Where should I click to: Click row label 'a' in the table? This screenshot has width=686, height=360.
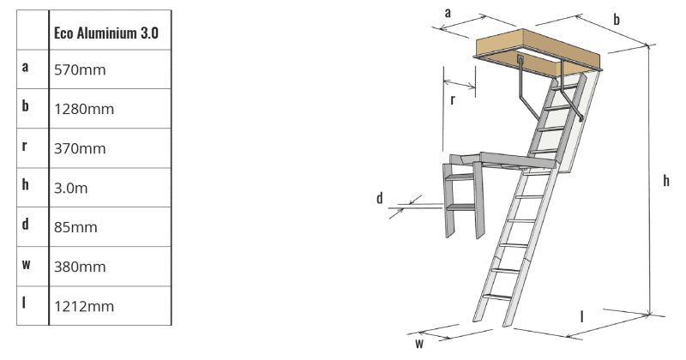(26, 68)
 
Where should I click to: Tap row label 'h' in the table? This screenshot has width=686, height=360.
(26, 185)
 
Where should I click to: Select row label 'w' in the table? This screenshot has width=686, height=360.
(26, 264)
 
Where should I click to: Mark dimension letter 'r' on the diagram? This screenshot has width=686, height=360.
(452, 99)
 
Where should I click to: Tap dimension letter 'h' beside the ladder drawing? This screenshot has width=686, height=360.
(665, 181)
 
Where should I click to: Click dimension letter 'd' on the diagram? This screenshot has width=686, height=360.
(379, 198)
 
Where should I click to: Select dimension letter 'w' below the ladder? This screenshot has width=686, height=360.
(419, 344)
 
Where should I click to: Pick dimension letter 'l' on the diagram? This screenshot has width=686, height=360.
(582, 316)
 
